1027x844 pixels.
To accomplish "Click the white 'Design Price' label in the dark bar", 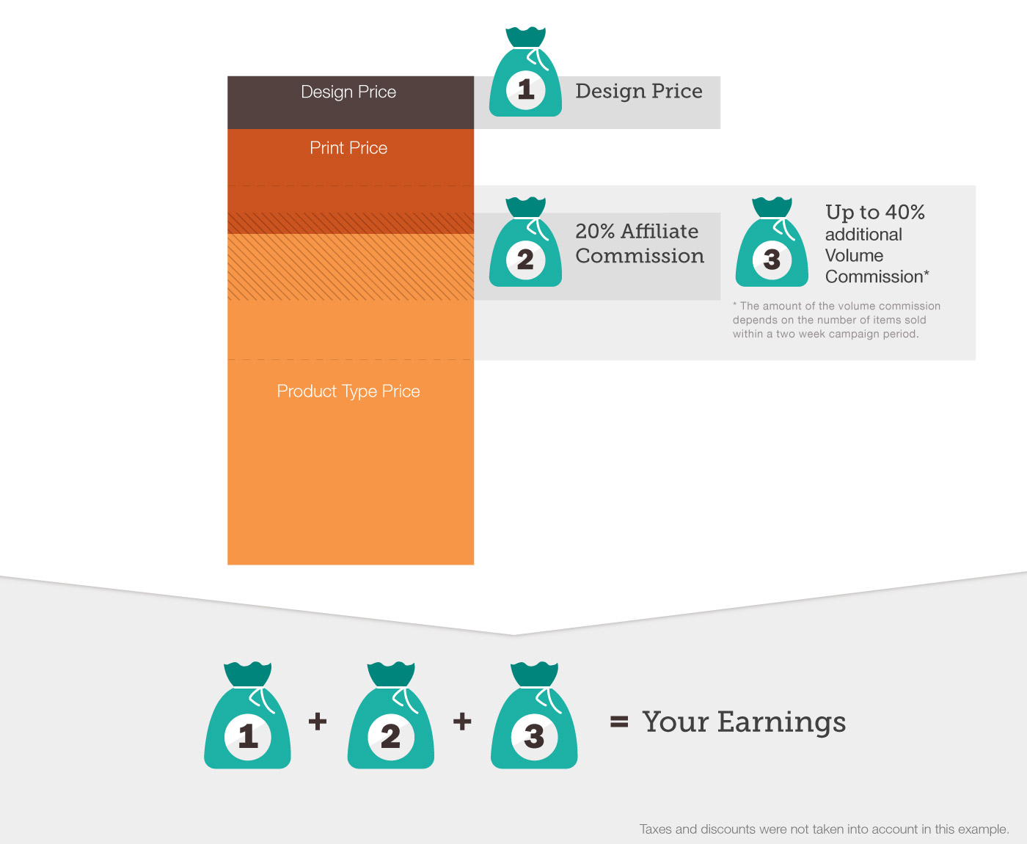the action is (348, 92).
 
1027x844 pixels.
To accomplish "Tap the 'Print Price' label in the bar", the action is (348, 148).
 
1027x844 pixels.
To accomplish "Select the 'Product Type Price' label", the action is (348, 392).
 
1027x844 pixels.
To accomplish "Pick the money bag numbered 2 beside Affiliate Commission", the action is (525, 242).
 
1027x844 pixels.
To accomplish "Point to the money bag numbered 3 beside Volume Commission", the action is (772, 242).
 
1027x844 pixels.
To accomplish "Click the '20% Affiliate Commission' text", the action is (640, 244).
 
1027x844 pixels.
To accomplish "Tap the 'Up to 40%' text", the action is (875, 212).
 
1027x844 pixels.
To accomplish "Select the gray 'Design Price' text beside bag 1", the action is (639, 91).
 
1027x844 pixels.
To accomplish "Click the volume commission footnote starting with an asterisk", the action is (836, 320).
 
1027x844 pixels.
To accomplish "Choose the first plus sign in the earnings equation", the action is (318, 722).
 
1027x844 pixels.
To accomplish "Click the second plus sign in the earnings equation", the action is (462, 722).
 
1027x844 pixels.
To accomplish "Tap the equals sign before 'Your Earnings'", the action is (619, 722).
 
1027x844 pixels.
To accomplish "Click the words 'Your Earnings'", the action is (744, 722).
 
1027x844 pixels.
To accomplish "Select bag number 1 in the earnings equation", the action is (247, 716).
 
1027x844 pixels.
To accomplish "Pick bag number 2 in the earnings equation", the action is (390, 716).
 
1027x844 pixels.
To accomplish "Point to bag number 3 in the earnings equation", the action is (534, 716).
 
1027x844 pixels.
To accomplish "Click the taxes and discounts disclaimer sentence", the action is (824, 829).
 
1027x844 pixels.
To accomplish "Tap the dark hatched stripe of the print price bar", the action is (351, 224).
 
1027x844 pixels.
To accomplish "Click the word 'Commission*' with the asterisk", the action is (877, 276).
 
